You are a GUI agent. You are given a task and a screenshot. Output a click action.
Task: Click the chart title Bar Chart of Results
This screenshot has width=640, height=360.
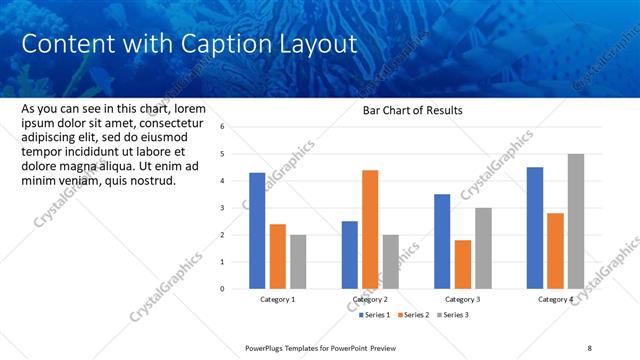[x=412, y=111]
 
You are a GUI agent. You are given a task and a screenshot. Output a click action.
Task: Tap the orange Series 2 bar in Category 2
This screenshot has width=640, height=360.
[x=370, y=229]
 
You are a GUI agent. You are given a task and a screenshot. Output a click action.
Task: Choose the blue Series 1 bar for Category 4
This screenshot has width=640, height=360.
[x=535, y=227]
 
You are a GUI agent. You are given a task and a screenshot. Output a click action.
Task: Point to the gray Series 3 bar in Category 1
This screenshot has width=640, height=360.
[x=299, y=261]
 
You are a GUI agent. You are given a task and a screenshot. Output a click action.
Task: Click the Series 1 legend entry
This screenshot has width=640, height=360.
[x=376, y=315]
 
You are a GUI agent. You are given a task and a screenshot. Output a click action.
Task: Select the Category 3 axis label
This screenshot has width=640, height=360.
[x=462, y=299]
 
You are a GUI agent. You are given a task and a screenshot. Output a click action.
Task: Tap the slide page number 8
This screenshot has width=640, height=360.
[x=589, y=348]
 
